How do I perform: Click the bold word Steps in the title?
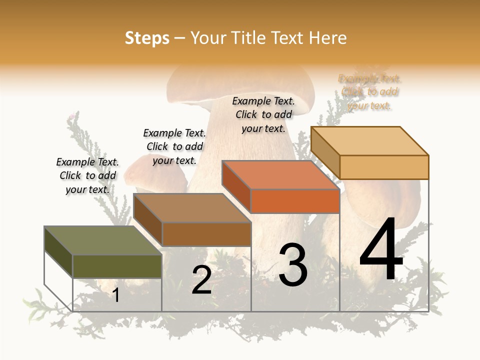[147, 38]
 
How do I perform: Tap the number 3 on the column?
[293, 265]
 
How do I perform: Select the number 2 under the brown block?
[201, 280]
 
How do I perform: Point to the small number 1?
[115, 295]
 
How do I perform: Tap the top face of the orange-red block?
[280, 175]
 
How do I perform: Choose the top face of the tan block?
[369, 141]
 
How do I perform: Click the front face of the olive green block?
[117, 266]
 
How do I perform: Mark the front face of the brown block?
[206, 234]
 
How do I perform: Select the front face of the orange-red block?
[295, 201]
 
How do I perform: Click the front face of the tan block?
[384, 167]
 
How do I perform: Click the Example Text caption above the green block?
[87, 175]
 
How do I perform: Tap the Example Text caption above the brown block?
[174, 146]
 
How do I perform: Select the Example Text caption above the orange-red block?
[263, 114]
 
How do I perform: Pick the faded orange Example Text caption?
[369, 92]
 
